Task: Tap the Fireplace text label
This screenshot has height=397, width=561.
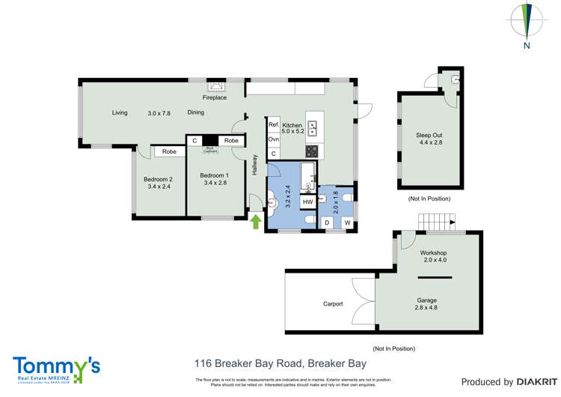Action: [215, 97]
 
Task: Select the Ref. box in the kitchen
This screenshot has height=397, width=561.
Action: [274, 125]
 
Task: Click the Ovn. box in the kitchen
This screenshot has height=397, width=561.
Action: [274, 139]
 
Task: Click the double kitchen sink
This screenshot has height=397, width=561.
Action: [312, 127]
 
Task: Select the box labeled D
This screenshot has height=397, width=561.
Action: [327, 222]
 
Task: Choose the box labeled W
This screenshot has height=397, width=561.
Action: [346, 222]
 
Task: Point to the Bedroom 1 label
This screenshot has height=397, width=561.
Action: [213, 176]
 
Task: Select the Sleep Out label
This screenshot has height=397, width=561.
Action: [429, 135]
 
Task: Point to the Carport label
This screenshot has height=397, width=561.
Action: [333, 303]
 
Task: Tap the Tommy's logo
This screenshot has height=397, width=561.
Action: [56, 368]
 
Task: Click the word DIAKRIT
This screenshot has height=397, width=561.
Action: [533, 382]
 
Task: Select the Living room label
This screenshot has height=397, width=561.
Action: [120, 113]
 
